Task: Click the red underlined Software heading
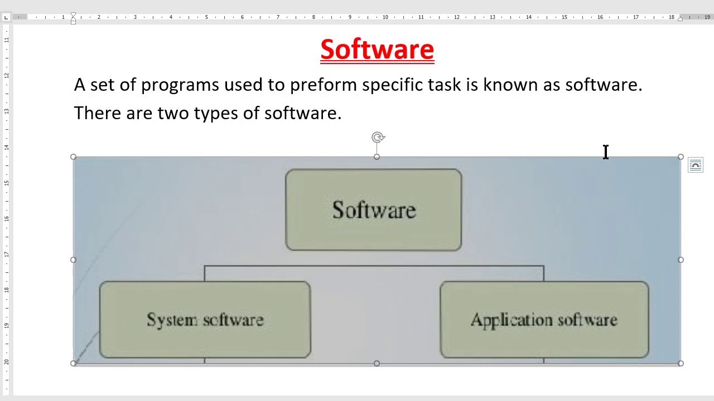(x=377, y=50)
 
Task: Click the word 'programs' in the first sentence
(x=180, y=85)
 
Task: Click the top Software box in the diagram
(x=374, y=210)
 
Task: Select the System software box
(x=205, y=320)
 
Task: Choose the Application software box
(x=544, y=320)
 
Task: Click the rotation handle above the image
(x=378, y=137)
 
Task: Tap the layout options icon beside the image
(x=696, y=165)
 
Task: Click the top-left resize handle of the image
(x=73, y=157)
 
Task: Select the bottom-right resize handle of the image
(x=681, y=363)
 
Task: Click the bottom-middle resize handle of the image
(x=377, y=363)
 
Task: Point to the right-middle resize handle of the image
(x=681, y=260)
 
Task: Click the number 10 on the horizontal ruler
(x=385, y=17)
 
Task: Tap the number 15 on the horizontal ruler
(x=564, y=17)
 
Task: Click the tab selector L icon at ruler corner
(x=6, y=17)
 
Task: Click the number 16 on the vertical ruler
(x=6, y=219)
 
